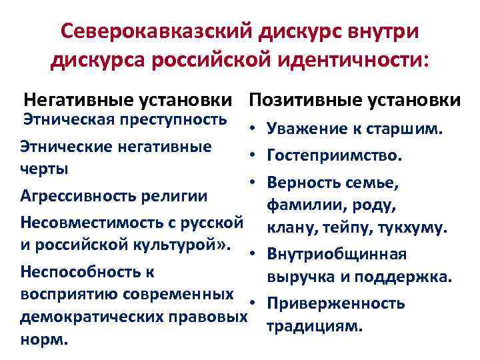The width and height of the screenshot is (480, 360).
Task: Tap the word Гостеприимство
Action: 334,156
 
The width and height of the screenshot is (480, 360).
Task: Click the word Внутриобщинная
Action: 337,254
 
